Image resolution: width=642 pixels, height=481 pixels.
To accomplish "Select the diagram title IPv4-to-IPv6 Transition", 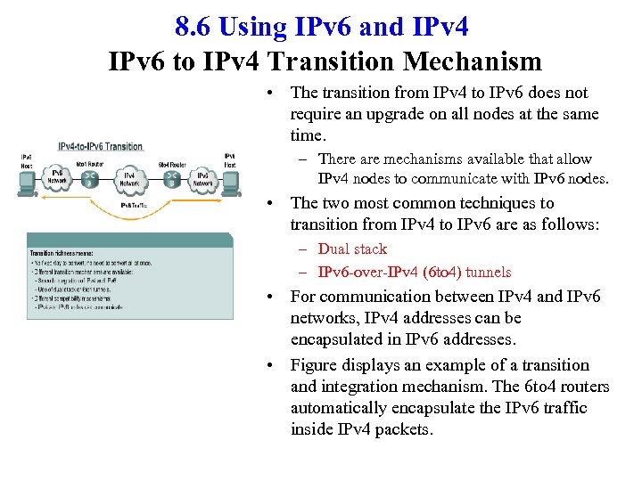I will click(x=100, y=147).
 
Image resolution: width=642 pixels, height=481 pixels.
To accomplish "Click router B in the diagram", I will click(x=170, y=180).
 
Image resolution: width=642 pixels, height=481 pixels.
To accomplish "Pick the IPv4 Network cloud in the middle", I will click(x=129, y=180).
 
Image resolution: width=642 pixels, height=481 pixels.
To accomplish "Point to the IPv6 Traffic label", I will click(x=133, y=206).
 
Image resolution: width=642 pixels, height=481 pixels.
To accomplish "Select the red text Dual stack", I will click(x=352, y=249).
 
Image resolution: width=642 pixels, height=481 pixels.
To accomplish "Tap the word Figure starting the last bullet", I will click(x=315, y=365).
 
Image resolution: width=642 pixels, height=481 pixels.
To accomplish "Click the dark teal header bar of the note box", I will click(x=129, y=240).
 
